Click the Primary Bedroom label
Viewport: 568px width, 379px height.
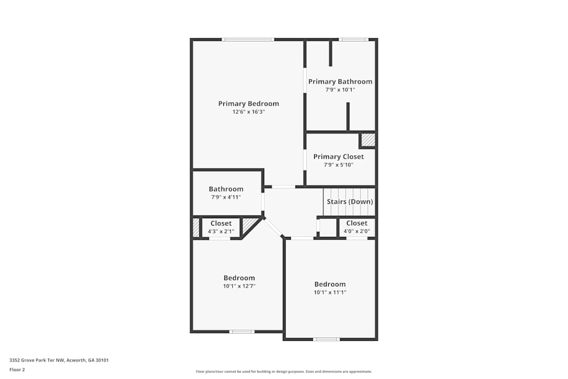point(248,103)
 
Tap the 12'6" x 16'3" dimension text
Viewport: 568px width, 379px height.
point(248,112)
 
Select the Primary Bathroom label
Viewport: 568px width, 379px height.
point(340,81)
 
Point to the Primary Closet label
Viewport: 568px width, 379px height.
point(339,156)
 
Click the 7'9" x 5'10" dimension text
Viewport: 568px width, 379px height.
point(339,165)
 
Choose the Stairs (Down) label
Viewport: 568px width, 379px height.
point(349,202)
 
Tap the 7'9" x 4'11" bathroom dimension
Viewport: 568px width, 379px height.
point(226,197)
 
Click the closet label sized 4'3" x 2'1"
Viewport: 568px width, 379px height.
point(221,223)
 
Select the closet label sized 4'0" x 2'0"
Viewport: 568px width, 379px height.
point(357,223)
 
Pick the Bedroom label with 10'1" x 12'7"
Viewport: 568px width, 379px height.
point(239,278)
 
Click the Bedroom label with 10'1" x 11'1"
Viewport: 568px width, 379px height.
point(330,284)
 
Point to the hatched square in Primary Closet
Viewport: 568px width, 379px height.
point(368,140)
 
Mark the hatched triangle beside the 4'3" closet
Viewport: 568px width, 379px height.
point(249,226)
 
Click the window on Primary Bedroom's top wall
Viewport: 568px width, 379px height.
point(248,39)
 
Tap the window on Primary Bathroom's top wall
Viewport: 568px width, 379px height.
point(353,39)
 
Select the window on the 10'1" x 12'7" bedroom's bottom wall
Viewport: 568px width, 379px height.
point(241,331)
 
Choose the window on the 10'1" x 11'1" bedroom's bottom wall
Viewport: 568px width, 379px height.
point(327,339)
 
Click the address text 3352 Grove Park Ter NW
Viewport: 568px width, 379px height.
point(59,360)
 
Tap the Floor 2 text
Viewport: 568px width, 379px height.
point(17,369)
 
